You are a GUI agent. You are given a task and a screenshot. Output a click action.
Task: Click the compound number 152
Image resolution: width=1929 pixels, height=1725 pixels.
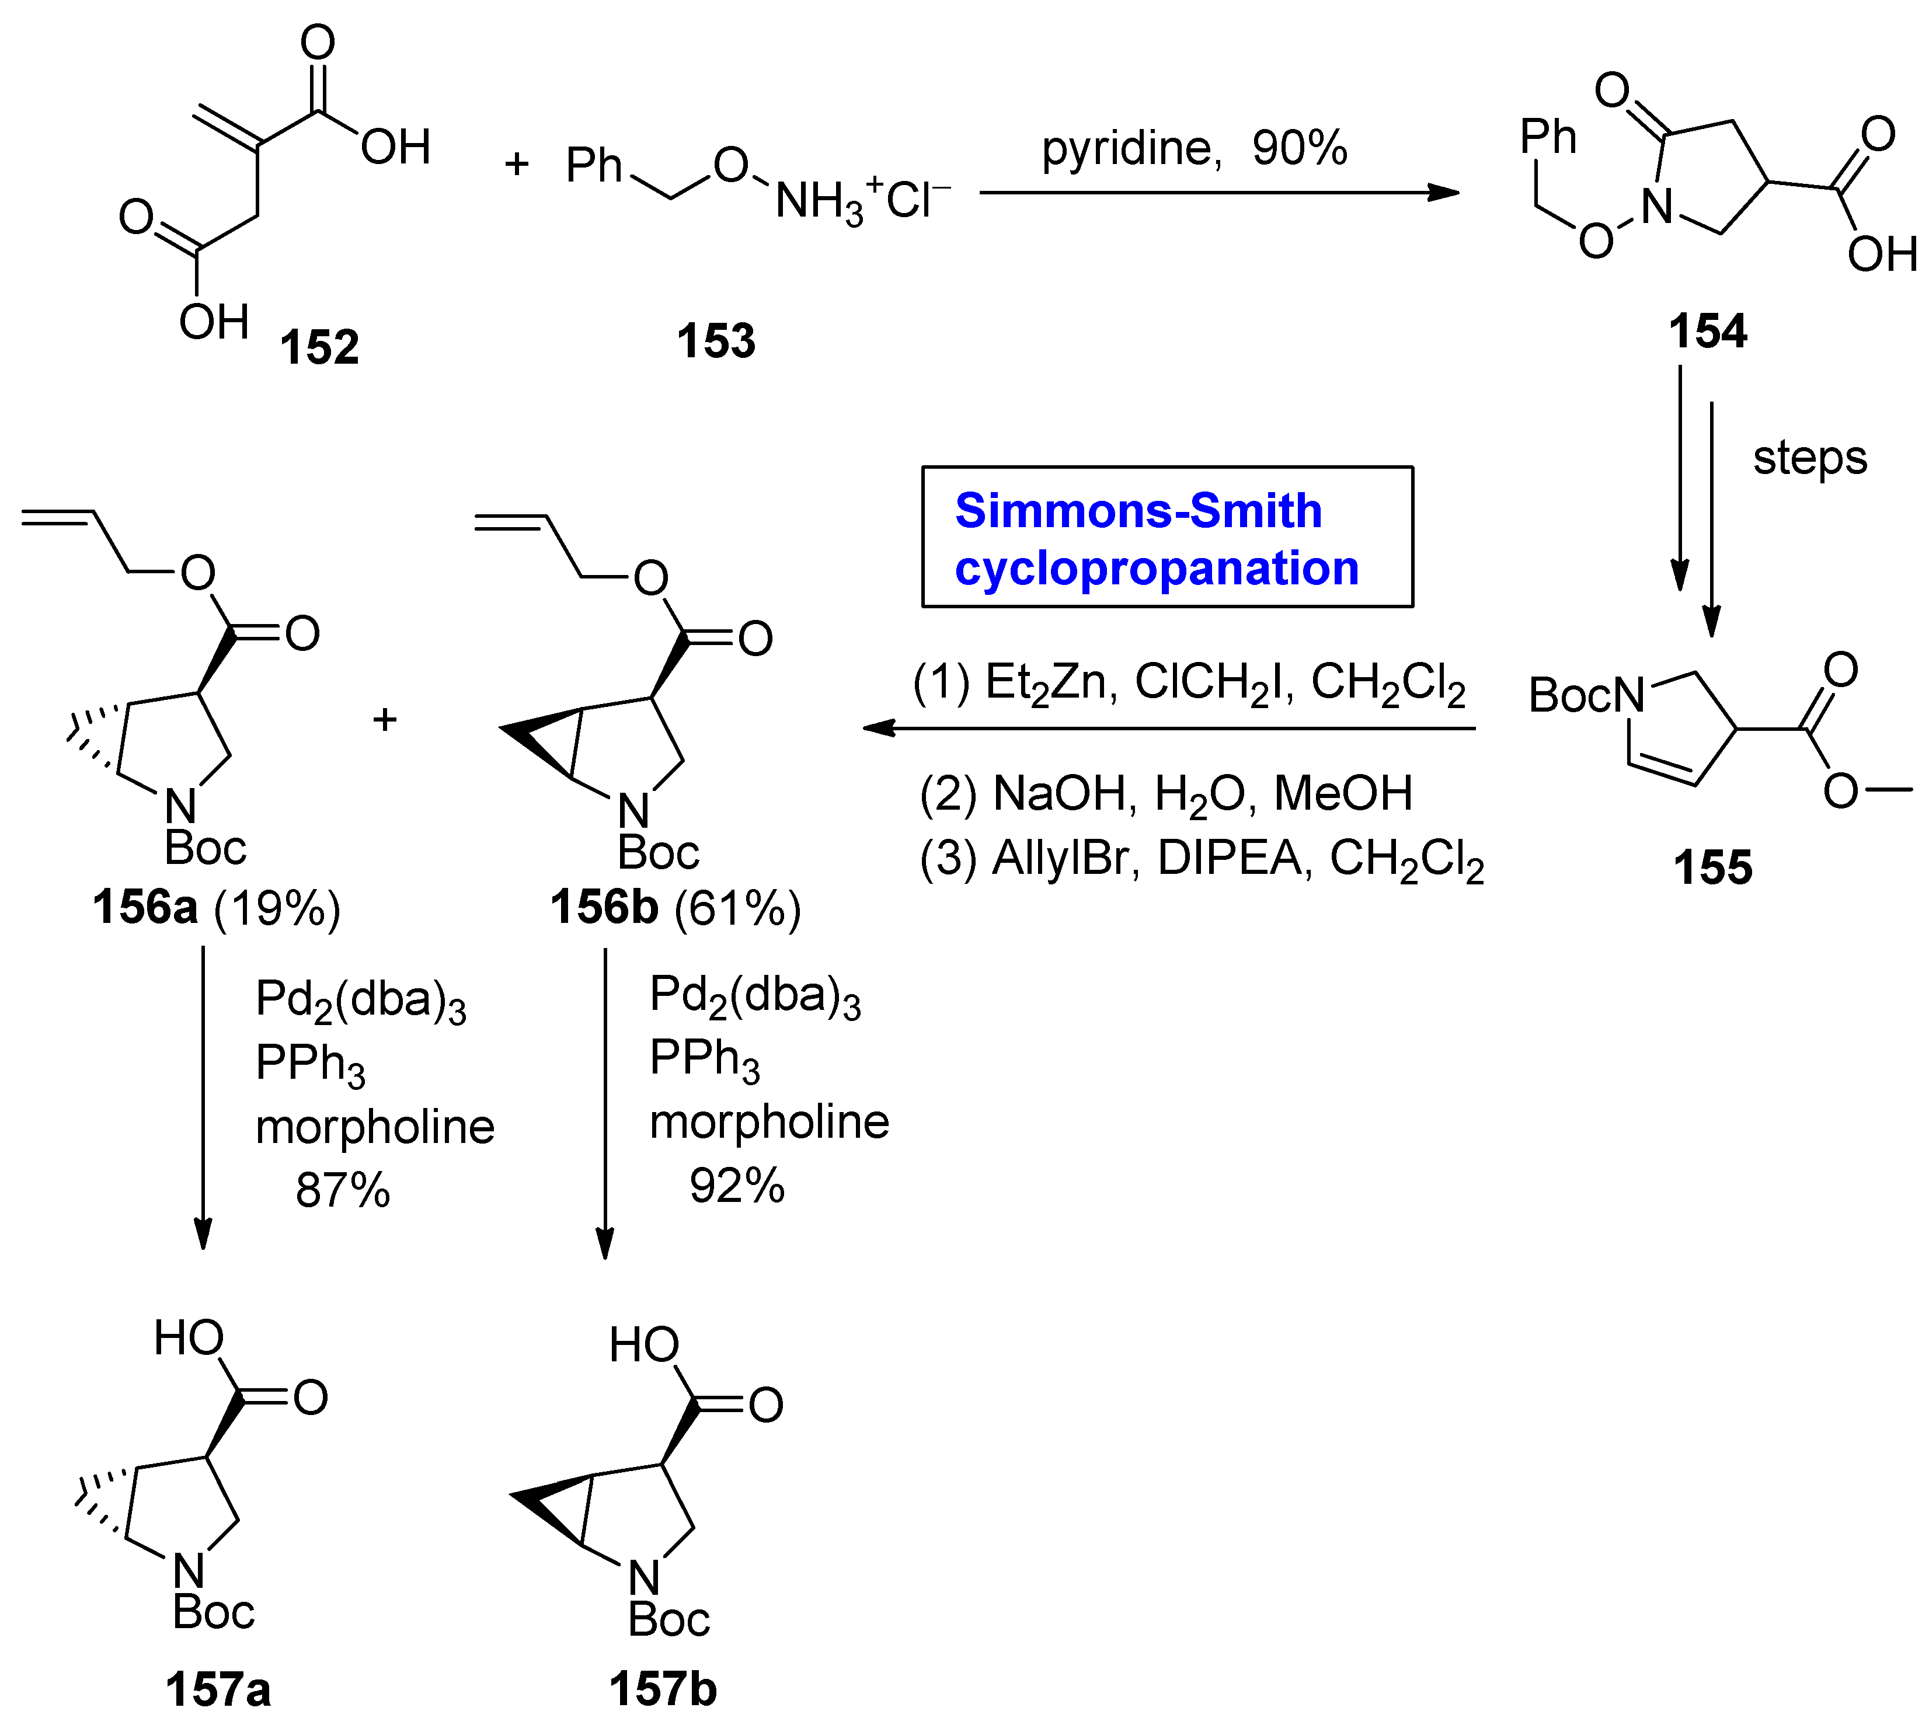[319, 347]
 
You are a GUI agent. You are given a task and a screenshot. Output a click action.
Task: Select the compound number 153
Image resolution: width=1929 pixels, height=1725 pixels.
[716, 341]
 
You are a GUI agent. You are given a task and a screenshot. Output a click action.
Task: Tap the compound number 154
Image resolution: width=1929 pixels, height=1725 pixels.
[1707, 332]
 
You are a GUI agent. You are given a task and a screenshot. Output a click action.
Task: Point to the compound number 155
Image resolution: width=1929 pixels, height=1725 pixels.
[1712, 867]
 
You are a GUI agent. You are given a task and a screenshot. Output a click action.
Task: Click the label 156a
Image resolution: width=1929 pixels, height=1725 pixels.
[145, 908]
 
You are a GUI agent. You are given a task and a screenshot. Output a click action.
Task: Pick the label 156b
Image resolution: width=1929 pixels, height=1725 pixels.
[604, 908]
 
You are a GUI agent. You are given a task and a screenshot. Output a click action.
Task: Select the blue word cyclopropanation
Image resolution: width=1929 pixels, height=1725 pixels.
[1157, 569]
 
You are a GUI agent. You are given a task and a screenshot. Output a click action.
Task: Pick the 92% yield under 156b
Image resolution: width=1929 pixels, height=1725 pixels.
[737, 1186]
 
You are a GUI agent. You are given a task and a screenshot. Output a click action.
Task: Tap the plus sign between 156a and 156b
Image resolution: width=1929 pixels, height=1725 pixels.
[384, 720]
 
